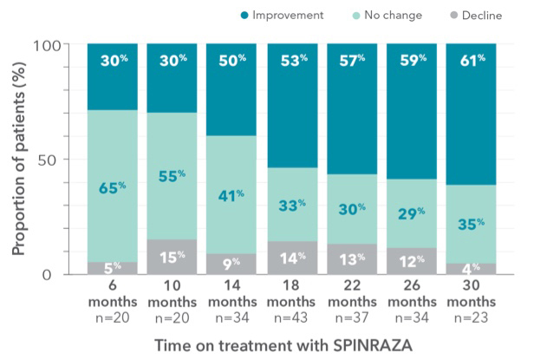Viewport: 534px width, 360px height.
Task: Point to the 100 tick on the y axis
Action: (x=60, y=45)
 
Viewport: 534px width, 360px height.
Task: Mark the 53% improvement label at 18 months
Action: (x=292, y=61)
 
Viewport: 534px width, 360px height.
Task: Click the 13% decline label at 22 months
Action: (x=351, y=259)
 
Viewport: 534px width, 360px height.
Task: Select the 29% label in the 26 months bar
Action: (x=411, y=213)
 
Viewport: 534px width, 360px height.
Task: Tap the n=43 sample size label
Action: (x=291, y=317)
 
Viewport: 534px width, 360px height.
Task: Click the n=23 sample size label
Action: (x=470, y=317)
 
